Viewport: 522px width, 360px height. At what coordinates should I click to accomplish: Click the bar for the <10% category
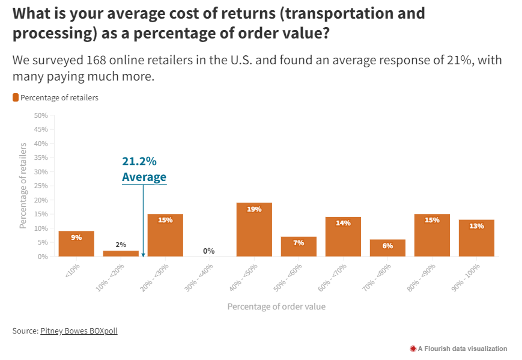(76, 243)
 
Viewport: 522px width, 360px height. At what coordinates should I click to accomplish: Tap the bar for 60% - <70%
(343, 237)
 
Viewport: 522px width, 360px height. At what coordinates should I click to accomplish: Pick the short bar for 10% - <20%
(121, 254)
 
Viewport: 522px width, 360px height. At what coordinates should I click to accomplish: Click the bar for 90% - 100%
(476, 238)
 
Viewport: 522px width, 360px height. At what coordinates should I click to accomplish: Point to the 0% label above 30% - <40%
(209, 251)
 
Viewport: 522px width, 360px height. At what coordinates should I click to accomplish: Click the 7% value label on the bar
(299, 243)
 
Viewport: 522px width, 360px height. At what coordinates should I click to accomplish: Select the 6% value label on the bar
(387, 245)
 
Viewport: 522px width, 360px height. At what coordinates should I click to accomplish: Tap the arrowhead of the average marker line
(143, 254)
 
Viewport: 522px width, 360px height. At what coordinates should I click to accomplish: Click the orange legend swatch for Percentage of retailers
(16, 97)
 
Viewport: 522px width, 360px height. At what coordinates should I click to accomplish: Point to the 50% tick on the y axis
(40, 115)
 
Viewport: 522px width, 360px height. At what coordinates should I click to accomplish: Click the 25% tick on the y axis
(40, 186)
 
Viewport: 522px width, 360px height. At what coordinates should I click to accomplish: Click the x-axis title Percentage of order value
(276, 307)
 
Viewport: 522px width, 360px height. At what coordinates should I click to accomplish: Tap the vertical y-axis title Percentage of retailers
(23, 186)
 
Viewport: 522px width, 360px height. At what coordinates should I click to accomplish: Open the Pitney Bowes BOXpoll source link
(79, 331)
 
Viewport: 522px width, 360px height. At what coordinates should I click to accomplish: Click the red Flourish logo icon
(413, 349)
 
